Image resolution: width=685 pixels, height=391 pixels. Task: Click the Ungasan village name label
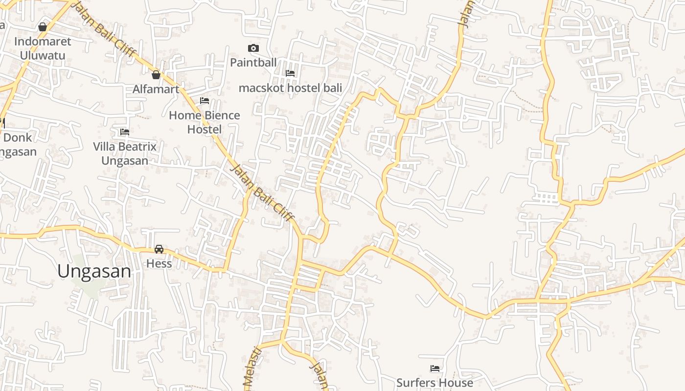(x=94, y=271)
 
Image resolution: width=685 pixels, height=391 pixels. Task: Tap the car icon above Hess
(x=159, y=249)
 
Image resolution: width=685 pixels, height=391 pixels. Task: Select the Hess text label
(x=160, y=263)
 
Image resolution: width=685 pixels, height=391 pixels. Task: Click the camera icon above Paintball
(x=253, y=48)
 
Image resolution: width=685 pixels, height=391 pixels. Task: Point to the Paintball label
(x=253, y=62)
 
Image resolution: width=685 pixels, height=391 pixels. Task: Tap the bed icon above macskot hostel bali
(x=290, y=73)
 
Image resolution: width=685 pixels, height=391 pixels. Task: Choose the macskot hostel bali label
(x=290, y=88)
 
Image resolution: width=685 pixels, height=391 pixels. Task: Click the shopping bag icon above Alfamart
(x=156, y=75)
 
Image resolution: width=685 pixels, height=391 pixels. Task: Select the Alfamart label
(x=156, y=89)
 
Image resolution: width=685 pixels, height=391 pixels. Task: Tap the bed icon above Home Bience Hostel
(x=205, y=101)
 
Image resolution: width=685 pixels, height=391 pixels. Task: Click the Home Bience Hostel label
(x=205, y=122)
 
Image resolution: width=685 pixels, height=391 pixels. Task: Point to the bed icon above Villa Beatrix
(x=125, y=132)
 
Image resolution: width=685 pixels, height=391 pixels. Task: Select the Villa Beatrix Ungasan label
(x=125, y=153)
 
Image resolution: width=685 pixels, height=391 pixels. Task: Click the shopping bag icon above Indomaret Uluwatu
(x=43, y=27)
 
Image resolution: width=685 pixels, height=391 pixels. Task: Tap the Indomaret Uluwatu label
(x=43, y=48)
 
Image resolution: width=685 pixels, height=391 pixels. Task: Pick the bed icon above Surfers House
(x=434, y=369)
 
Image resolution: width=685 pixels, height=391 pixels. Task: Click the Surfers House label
(x=434, y=383)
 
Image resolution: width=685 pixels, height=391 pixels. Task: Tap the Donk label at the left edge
(x=18, y=138)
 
